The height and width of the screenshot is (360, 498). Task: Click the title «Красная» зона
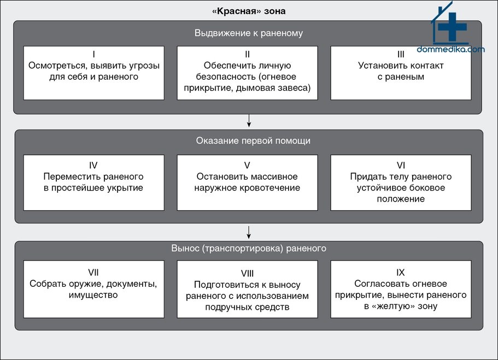[249, 11]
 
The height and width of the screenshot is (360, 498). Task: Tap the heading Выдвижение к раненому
[249, 33]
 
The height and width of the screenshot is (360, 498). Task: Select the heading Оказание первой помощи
[253, 140]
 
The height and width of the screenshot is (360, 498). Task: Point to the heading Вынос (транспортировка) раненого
[249, 248]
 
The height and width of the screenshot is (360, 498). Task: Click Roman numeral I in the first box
[93, 54]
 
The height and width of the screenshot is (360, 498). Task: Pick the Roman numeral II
[247, 54]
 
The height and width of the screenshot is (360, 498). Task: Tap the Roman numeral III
[401, 54]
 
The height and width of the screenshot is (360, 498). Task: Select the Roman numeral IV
[93, 166]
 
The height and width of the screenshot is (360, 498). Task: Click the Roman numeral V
[247, 166]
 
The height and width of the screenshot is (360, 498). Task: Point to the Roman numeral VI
[401, 166]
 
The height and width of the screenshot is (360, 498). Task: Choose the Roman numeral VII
[93, 273]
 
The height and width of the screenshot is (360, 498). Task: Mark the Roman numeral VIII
[247, 273]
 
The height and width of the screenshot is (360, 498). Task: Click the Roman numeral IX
[401, 273]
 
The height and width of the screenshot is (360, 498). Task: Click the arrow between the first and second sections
[249, 121]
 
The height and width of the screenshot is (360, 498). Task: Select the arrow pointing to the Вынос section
[249, 232]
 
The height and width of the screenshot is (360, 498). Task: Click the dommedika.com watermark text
[450, 49]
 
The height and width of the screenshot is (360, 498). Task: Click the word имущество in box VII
[93, 295]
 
